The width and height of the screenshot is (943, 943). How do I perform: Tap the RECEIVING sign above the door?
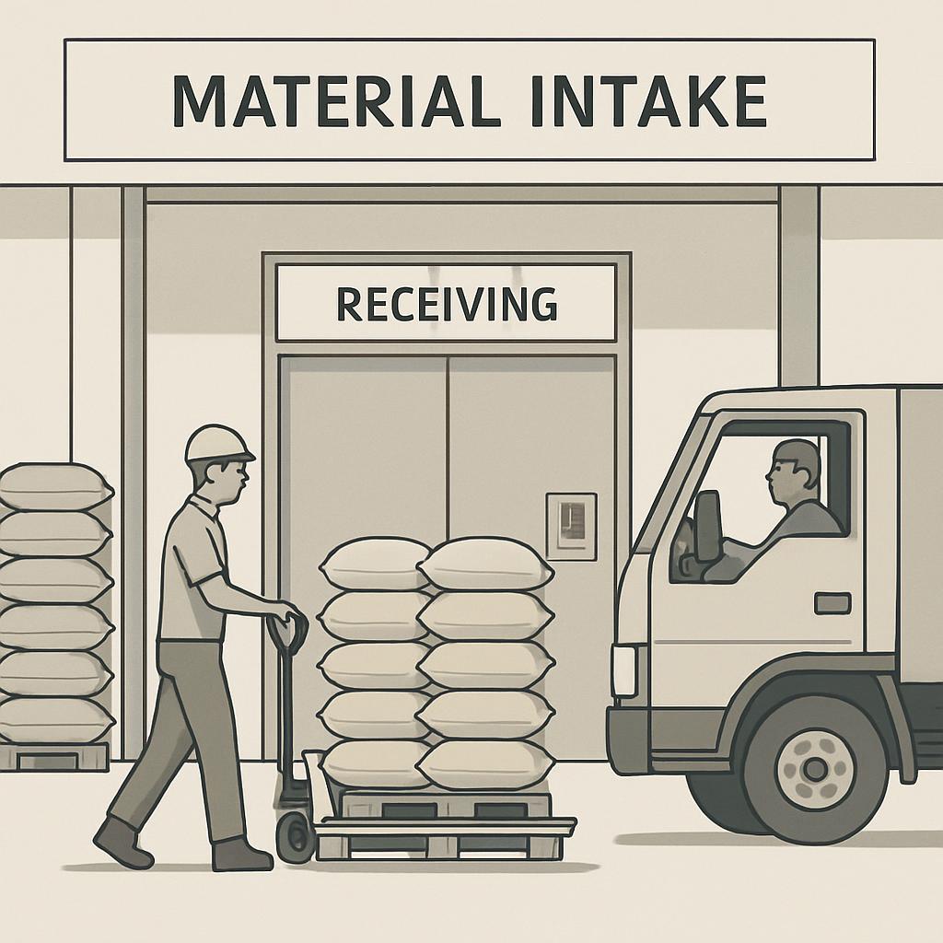coord(447,303)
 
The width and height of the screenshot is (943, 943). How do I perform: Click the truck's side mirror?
coord(707,526)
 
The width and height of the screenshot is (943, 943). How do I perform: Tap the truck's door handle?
coord(832,603)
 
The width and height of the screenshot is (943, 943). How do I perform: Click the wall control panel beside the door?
coord(571,526)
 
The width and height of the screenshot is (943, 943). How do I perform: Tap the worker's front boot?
coord(242,854)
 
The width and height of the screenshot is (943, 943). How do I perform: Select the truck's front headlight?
coord(624,669)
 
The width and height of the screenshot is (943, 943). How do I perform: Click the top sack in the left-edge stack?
coord(53,486)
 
